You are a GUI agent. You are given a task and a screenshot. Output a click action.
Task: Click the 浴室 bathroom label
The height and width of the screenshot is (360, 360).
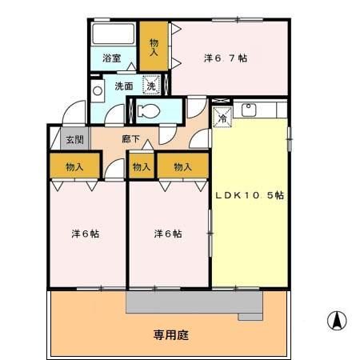tap(112, 58)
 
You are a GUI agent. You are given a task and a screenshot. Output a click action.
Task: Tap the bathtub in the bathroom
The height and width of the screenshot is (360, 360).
tap(113, 36)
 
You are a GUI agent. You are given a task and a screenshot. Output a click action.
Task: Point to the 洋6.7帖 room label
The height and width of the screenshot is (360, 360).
tap(225, 58)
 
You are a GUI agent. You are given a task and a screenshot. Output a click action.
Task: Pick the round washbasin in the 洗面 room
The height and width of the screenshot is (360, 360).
tap(98, 90)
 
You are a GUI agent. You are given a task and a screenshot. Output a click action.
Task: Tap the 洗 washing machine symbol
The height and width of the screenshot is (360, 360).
tap(150, 85)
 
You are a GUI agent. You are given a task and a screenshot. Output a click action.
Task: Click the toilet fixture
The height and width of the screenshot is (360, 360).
tap(149, 110)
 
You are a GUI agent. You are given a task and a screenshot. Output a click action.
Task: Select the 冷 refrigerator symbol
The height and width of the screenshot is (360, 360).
tap(222, 116)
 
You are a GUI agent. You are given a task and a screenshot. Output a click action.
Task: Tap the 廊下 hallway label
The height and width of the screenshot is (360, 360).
tap(131, 139)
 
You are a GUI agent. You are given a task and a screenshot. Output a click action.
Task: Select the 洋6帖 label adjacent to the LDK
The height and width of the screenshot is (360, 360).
tap(167, 234)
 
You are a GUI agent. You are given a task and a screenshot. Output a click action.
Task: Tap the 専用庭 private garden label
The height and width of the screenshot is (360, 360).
tap(170, 334)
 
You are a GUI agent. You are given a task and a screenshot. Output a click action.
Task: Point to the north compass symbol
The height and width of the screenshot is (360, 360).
tap(337, 321)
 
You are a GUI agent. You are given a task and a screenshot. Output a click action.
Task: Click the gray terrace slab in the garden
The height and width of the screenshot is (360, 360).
tap(192, 302)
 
